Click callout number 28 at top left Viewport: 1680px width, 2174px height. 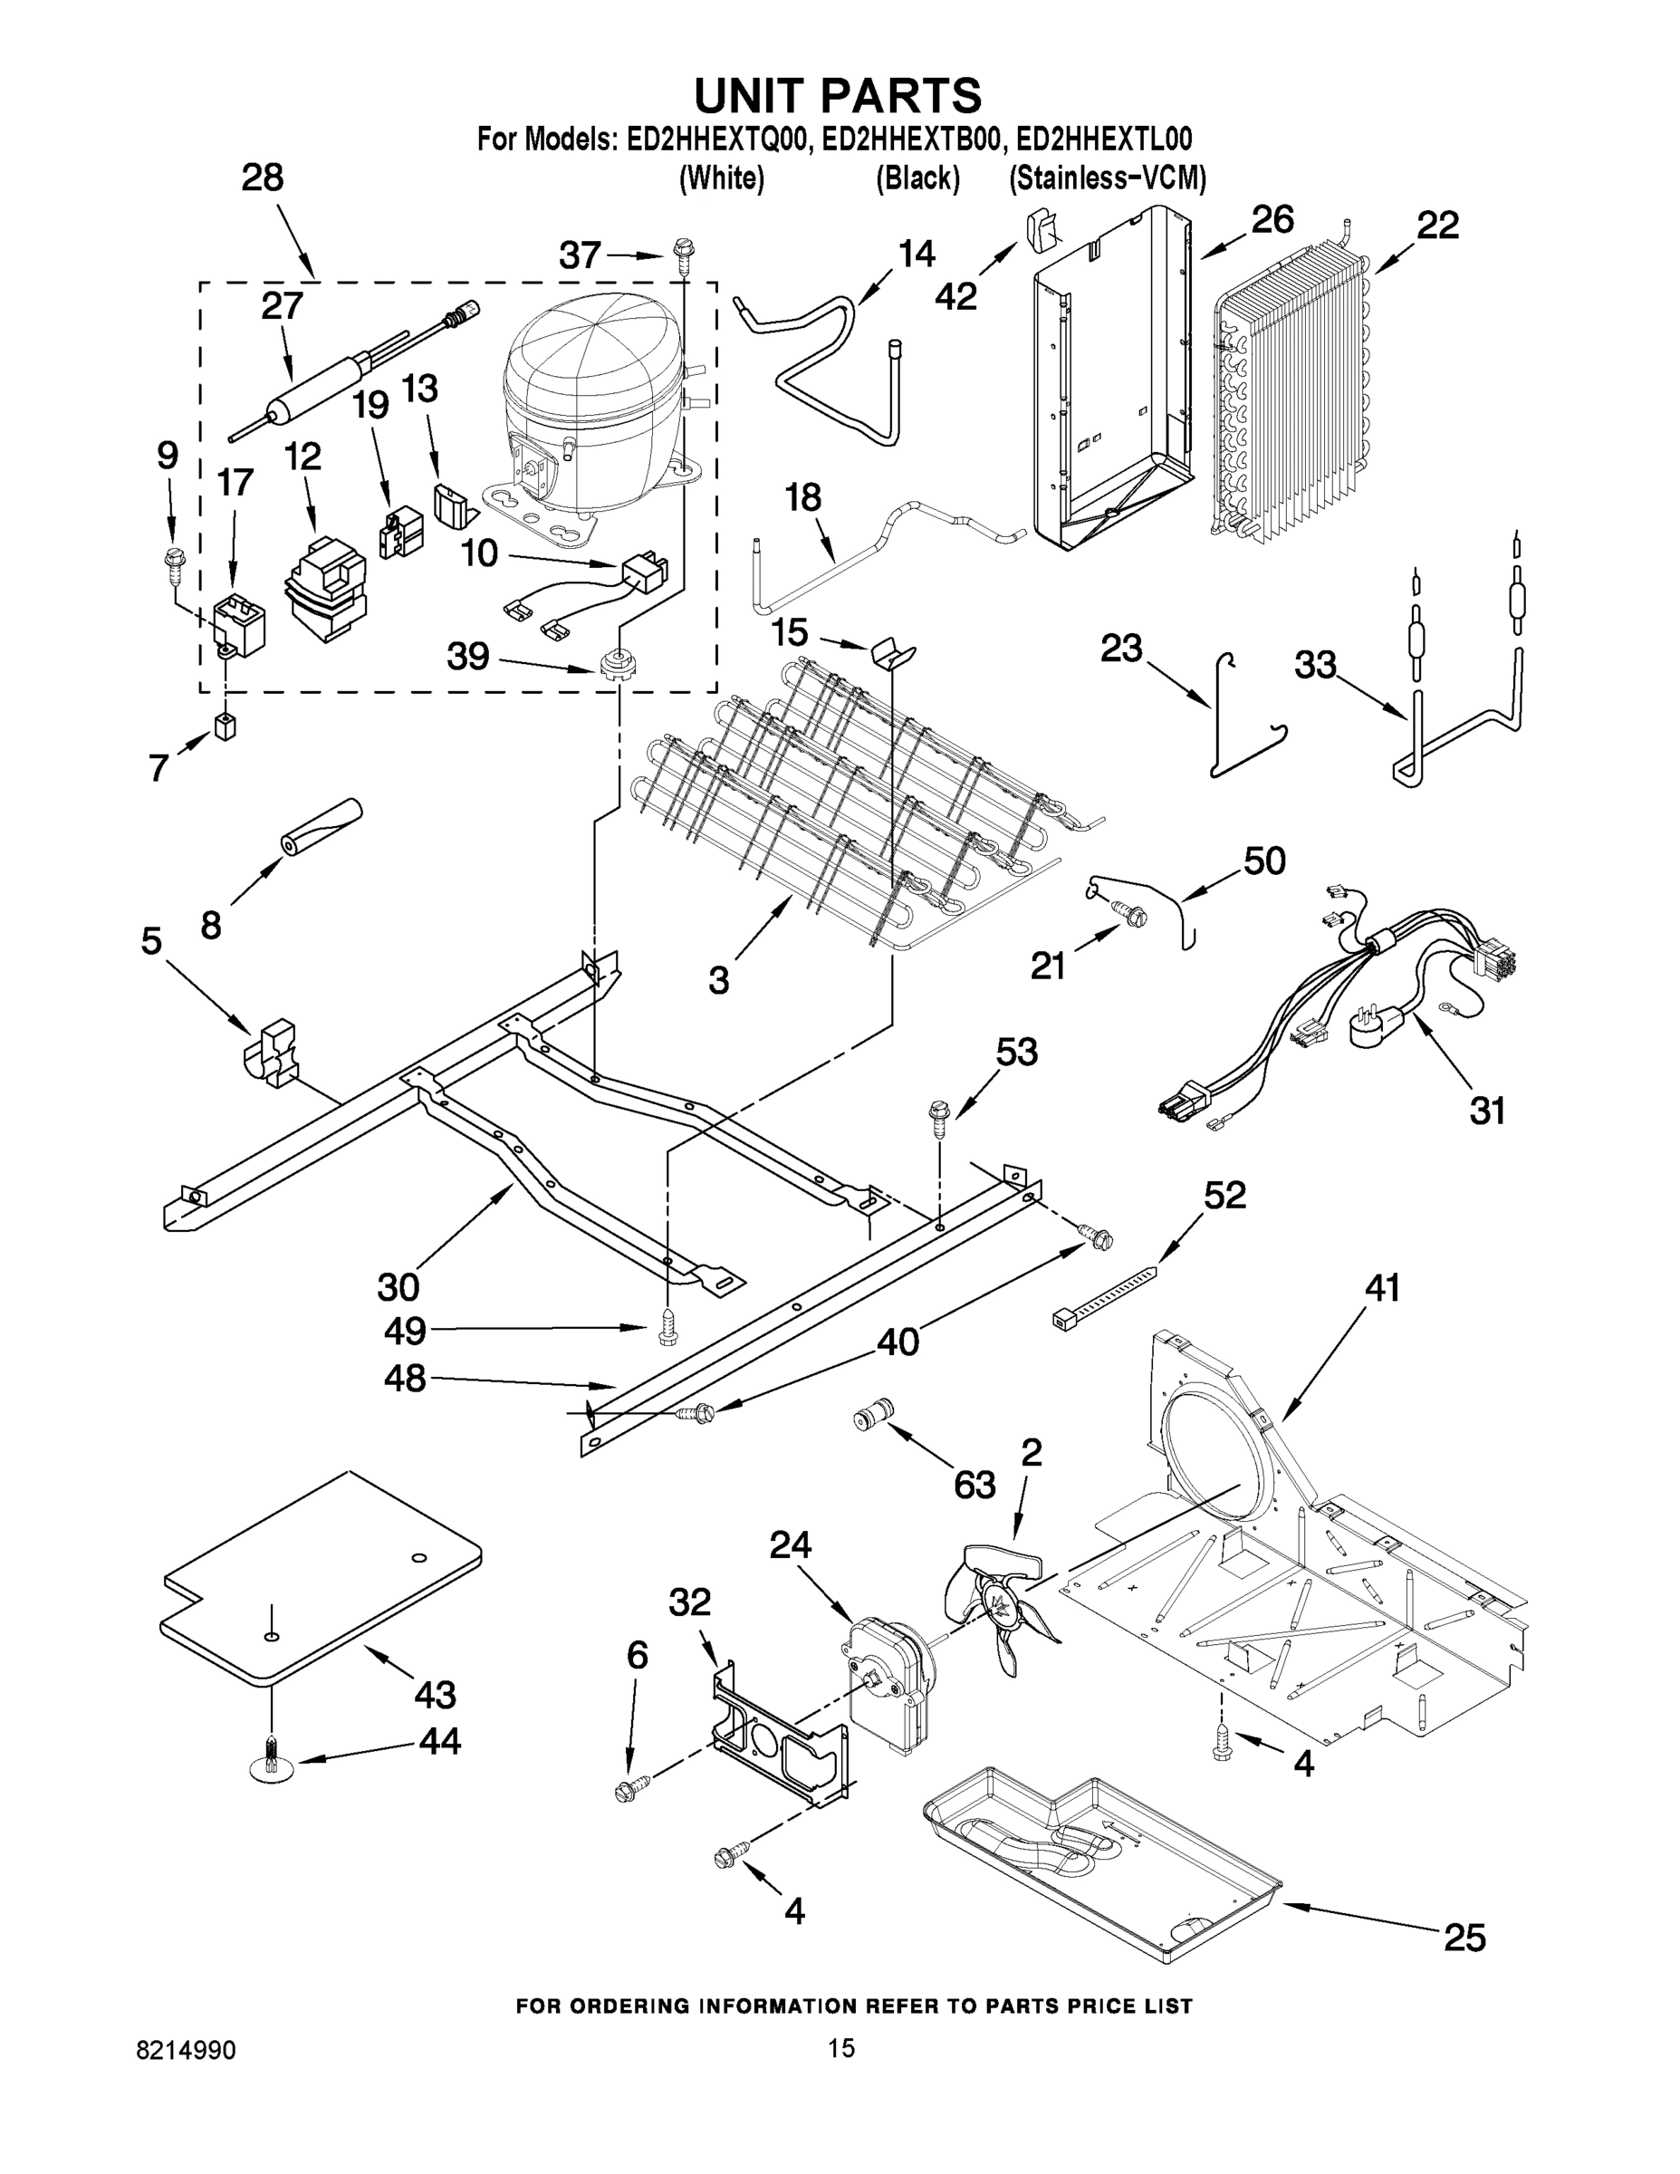pyautogui.click(x=262, y=178)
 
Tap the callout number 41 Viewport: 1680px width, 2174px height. pyautogui.click(x=1382, y=1289)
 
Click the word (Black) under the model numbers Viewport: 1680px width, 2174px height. pyautogui.click(x=917, y=178)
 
